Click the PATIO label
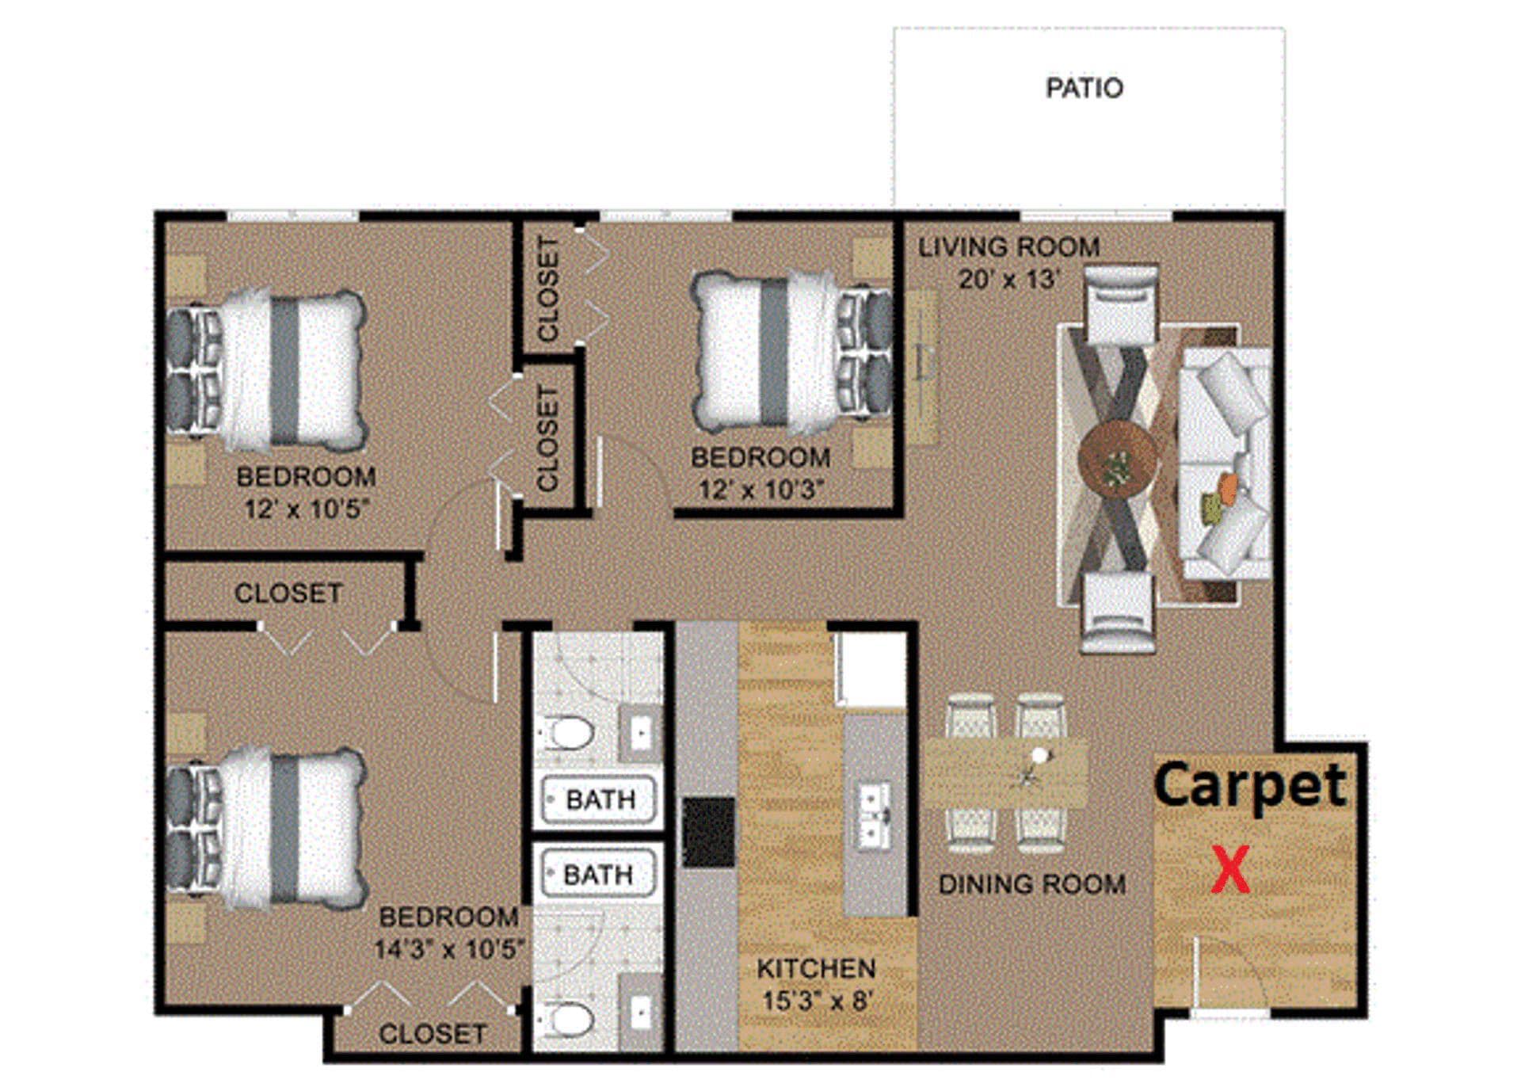pyautogui.click(x=1084, y=88)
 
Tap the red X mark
pyautogui.click(x=1230, y=870)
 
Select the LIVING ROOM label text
pyautogui.click(x=1008, y=247)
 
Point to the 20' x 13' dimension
pyautogui.click(x=1008, y=280)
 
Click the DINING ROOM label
pyautogui.click(x=1031, y=884)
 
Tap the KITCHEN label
pyautogui.click(x=816, y=968)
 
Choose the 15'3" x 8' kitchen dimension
pyautogui.click(x=816, y=1001)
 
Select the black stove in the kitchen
pyautogui.click(x=709, y=832)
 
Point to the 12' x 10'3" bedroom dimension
pyautogui.click(x=760, y=490)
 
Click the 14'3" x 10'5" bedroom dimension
pyautogui.click(x=449, y=949)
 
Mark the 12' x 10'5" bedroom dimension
pyautogui.click(x=307, y=509)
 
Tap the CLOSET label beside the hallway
pyautogui.click(x=288, y=593)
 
